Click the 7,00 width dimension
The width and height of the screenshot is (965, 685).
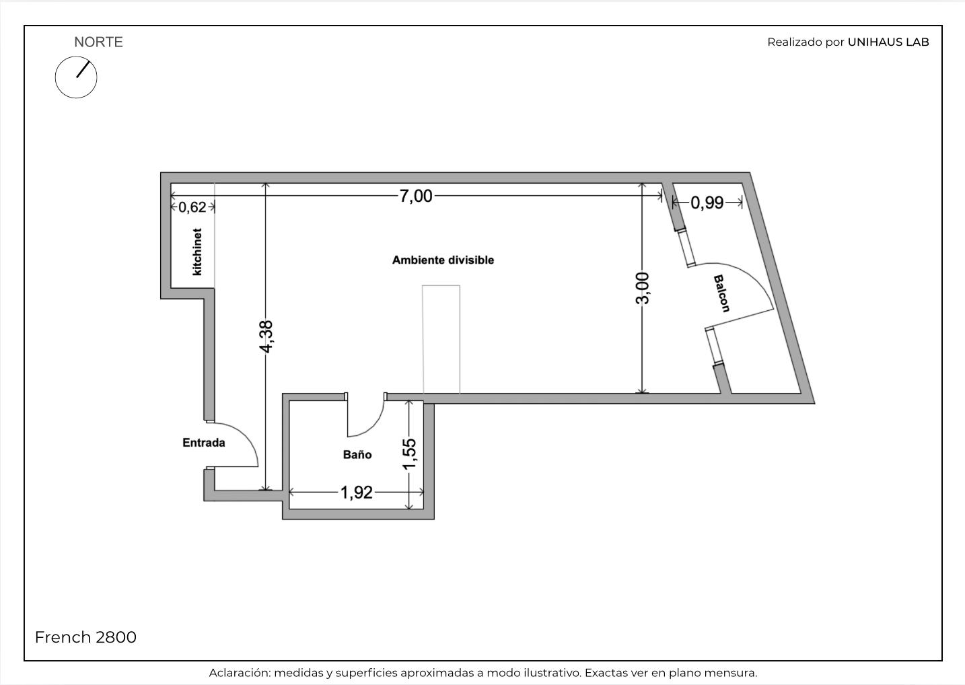(x=416, y=196)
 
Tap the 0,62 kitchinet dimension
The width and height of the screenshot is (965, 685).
(x=192, y=207)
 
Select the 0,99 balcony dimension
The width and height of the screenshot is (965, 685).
(x=707, y=203)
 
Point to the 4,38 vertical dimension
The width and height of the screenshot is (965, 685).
(x=266, y=336)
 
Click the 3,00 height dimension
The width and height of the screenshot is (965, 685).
(x=643, y=288)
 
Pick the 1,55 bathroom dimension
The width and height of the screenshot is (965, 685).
(x=409, y=454)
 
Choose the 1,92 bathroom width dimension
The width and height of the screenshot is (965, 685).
(x=356, y=492)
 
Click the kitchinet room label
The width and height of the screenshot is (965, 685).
(x=197, y=252)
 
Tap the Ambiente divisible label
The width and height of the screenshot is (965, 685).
(x=443, y=260)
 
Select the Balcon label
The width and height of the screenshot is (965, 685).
(x=722, y=293)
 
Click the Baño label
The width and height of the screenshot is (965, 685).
(x=357, y=454)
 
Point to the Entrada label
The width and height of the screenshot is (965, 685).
(x=204, y=443)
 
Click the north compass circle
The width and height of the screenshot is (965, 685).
(x=56, y=77)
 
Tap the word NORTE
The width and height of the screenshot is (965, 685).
(x=99, y=42)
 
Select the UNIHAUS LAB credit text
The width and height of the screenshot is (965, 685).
(x=888, y=42)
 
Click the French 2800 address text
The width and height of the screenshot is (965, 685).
(x=85, y=637)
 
